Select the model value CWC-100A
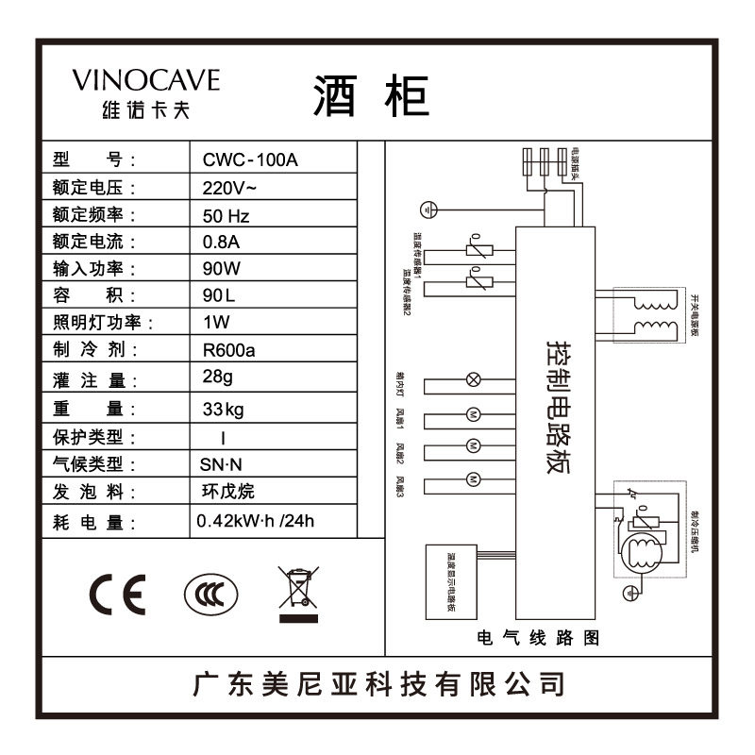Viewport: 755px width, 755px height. (x=250, y=159)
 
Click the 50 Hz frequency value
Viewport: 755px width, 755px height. (x=232, y=215)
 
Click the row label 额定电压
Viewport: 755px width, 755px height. (x=95, y=187)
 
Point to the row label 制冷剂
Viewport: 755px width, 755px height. (x=95, y=350)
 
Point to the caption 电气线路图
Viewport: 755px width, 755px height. (x=539, y=639)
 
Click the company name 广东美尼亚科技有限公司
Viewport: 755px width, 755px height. (x=377, y=683)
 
